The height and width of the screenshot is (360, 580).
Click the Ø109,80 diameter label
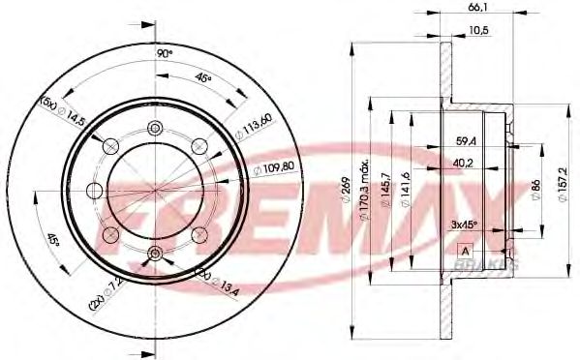(x=270, y=167)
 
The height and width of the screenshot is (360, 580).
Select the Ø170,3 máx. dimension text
(x=365, y=183)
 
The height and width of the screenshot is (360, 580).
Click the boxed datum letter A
(x=465, y=251)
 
